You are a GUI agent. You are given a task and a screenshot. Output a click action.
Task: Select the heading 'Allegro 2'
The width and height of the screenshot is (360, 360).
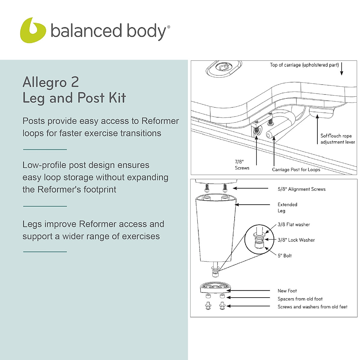(51, 82)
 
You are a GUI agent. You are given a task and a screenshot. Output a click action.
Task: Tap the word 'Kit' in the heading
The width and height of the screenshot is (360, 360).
(117, 98)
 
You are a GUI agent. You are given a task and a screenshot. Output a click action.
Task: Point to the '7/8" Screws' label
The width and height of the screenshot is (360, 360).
(242, 165)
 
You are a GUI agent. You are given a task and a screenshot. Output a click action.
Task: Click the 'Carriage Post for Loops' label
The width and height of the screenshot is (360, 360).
(296, 169)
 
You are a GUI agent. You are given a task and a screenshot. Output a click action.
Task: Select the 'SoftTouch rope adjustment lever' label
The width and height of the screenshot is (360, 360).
(337, 139)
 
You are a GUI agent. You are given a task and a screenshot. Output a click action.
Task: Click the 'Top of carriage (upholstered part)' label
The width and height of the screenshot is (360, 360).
(304, 65)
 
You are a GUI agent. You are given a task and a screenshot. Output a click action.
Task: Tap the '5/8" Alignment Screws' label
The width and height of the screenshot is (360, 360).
(301, 189)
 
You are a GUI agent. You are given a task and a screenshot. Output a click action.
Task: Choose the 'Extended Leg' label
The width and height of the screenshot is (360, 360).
(287, 208)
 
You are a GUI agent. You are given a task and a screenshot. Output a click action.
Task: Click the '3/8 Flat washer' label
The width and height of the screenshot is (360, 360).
(293, 224)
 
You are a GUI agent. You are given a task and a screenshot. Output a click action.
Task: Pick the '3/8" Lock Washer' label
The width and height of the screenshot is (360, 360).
(296, 240)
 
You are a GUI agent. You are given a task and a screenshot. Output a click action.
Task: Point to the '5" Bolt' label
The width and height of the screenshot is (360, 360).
(284, 256)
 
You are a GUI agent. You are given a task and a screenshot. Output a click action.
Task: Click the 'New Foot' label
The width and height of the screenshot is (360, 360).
(287, 291)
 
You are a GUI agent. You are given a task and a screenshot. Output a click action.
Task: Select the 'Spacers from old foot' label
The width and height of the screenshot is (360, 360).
(300, 299)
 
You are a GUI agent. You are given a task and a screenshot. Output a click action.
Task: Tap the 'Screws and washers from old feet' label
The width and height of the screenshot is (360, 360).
(312, 307)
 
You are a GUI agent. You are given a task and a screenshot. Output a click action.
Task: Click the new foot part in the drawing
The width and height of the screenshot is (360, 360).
(215, 287)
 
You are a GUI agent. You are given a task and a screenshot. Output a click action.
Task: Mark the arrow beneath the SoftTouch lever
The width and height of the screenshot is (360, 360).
(317, 129)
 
